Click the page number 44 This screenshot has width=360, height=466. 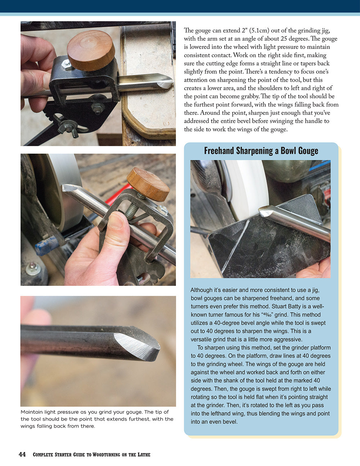(x=22, y=454)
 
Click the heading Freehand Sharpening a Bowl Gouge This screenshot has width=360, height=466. (x=261, y=151)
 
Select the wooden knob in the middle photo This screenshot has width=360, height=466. (x=148, y=184)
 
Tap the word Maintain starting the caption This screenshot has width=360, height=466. (x=32, y=412)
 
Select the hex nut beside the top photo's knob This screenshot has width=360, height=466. (x=67, y=65)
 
